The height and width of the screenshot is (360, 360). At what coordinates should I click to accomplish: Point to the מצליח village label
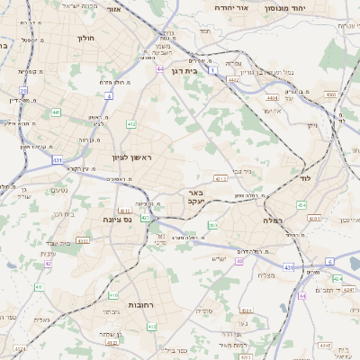pos(266,275)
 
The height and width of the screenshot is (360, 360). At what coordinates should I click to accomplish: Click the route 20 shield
pos(23,91)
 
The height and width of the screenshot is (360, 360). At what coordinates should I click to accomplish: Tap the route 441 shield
pos(56,112)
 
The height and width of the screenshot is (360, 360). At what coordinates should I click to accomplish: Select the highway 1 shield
pos(211,69)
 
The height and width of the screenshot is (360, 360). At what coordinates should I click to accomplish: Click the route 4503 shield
pos(330,94)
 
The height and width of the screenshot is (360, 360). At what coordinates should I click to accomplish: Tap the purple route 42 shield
pos(47,264)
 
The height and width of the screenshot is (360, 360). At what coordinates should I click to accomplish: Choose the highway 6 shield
pos(329,261)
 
